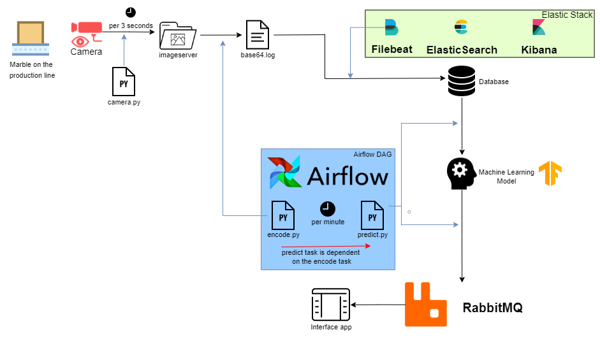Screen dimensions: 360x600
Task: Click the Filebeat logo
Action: pyautogui.click(x=391, y=27)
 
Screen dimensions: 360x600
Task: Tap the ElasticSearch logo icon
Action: pyautogui.click(x=461, y=27)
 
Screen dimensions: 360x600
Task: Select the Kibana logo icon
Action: pyautogui.click(x=539, y=27)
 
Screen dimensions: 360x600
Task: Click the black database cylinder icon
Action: pyautogui.click(x=461, y=81)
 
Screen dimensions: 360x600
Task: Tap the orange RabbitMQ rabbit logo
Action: pyautogui.click(x=431, y=305)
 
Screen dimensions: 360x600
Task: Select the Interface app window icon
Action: pyautogui.click(x=331, y=305)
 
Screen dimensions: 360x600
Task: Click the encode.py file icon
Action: pyautogui.click(x=283, y=215)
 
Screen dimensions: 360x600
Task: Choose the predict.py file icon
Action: pyautogui.click(x=372, y=215)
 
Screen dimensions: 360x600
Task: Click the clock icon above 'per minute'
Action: pyautogui.click(x=328, y=208)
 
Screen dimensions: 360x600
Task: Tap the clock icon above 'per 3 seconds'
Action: pyautogui.click(x=131, y=12)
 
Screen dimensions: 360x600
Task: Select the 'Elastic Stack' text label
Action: pyautogui.click(x=567, y=15)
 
